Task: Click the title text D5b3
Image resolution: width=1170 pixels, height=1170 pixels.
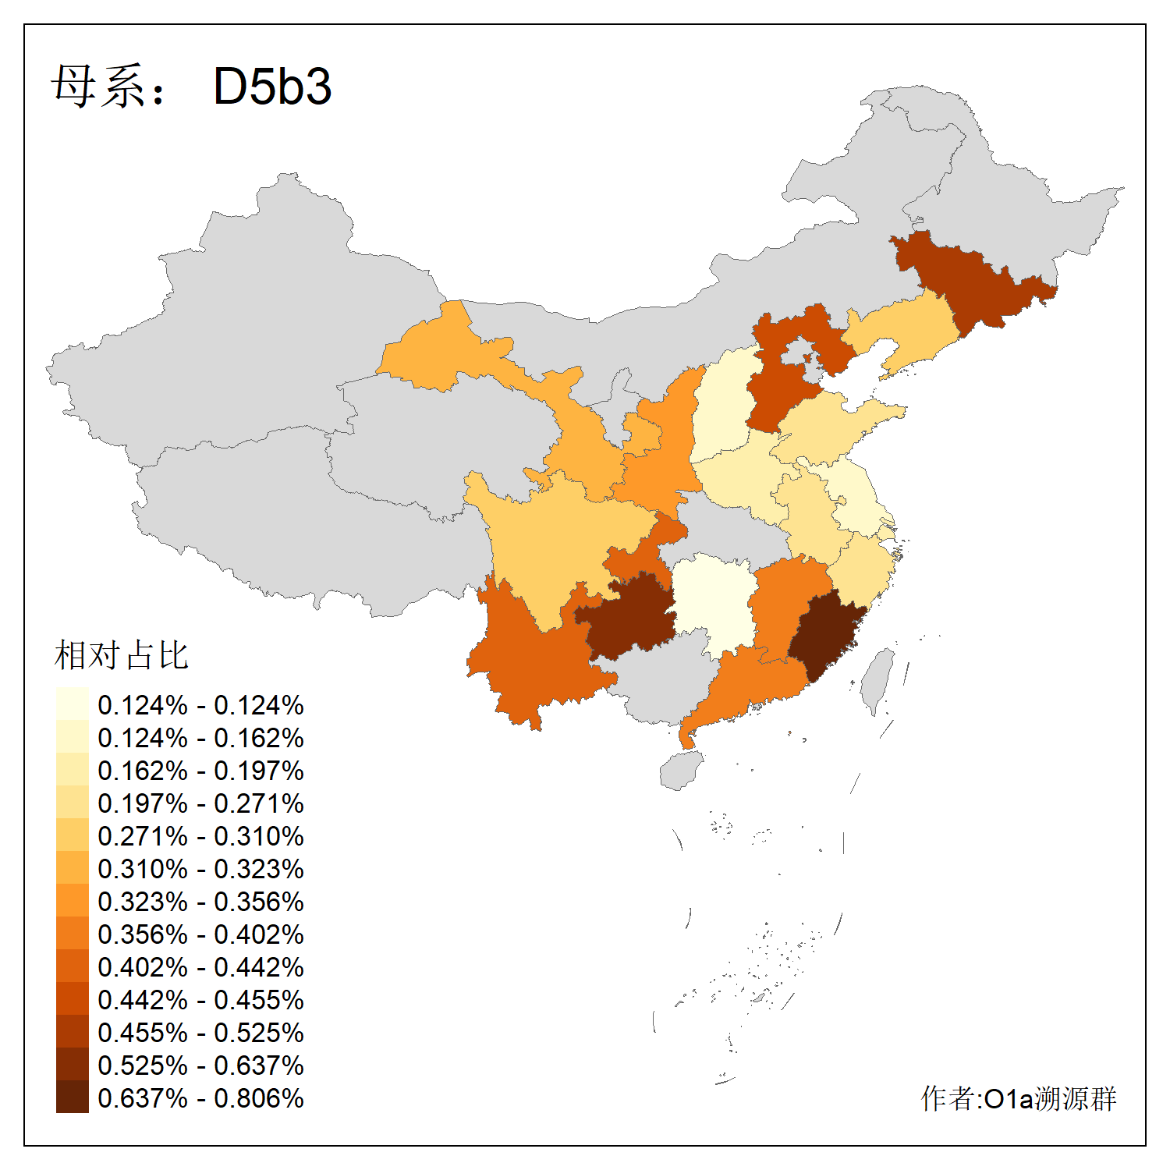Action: point(272,86)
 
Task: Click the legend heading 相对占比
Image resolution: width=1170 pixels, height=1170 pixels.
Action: point(122,655)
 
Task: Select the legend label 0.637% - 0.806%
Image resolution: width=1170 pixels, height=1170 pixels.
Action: point(200,1098)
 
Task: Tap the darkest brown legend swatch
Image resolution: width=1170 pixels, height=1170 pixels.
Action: point(72,1097)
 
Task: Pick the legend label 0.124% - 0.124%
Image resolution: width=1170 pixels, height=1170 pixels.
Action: point(200,705)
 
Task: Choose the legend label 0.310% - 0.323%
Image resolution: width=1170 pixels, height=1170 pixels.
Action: point(200,869)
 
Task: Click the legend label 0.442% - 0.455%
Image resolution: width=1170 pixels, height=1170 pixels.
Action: point(200,1000)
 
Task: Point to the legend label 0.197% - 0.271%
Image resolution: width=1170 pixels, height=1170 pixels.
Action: point(200,803)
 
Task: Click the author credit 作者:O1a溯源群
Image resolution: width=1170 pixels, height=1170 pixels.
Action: point(1018,1098)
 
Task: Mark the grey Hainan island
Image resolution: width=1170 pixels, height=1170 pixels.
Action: point(681,771)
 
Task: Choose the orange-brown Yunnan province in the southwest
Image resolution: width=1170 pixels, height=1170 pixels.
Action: point(530,663)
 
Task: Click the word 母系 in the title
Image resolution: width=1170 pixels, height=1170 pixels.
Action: point(98,86)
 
